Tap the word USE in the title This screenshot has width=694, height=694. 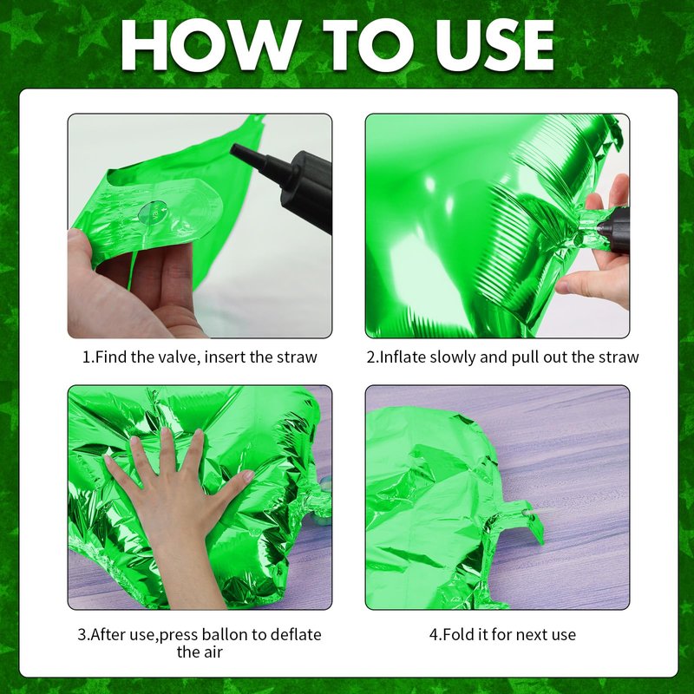point(494,45)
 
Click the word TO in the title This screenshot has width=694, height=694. point(368,45)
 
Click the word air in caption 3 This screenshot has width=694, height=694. point(213,652)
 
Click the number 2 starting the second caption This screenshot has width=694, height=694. point(371,357)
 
